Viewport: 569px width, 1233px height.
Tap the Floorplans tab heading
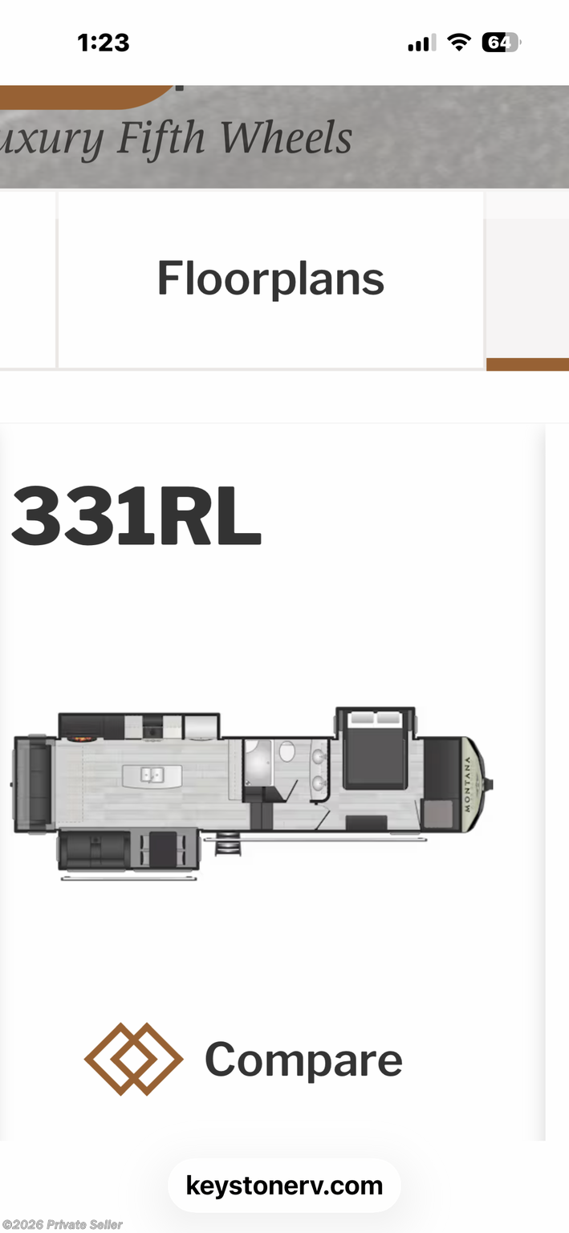270,279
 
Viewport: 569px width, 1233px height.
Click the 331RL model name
136,516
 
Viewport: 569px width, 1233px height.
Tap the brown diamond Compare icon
134,1059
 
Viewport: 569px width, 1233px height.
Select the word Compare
303,1060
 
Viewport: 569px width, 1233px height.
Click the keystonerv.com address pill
284,1185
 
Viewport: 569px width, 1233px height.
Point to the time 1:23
104,43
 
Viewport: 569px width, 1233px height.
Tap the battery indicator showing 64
501,43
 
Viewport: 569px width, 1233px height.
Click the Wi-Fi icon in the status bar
458,42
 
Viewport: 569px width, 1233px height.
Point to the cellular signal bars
422,43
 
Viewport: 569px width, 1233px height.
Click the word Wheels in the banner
287,137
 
